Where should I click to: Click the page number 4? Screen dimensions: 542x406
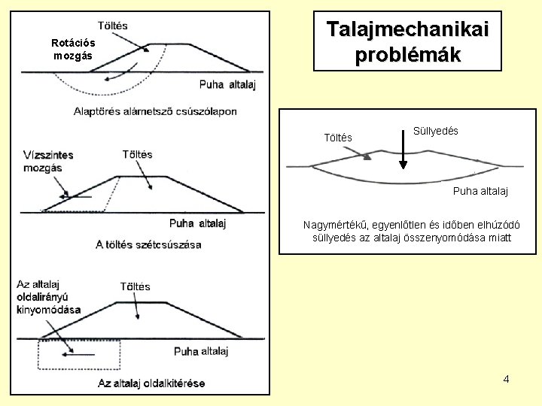click(x=506, y=378)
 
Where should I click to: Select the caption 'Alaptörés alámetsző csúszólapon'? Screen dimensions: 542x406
click(x=154, y=111)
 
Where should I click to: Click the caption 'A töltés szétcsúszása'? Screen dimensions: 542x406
click(x=148, y=244)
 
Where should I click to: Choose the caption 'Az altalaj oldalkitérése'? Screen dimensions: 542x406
click(x=151, y=383)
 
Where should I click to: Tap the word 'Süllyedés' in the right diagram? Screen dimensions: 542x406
click(x=437, y=131)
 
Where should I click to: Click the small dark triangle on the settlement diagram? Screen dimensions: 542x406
click(x=367, y=156)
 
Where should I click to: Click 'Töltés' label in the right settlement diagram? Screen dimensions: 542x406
click(x=336, y=138)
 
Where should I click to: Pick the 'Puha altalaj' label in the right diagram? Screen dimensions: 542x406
click(x=480, y=192)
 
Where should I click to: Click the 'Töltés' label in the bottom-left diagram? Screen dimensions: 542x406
click(x=135, y=286)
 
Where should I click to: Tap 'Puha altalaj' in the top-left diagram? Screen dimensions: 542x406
click(x=228, y=83)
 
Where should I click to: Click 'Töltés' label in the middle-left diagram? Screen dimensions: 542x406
click(x=136, y=154)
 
